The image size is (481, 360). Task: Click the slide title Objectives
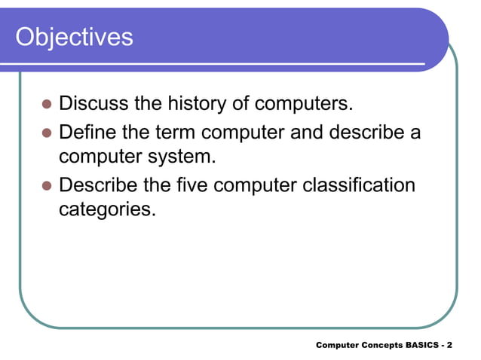tap(74, 36)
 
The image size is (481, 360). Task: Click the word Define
tap(89, 132)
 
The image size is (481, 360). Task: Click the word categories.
tap(106, 209)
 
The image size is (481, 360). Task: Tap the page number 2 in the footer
tap(449, 346)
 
